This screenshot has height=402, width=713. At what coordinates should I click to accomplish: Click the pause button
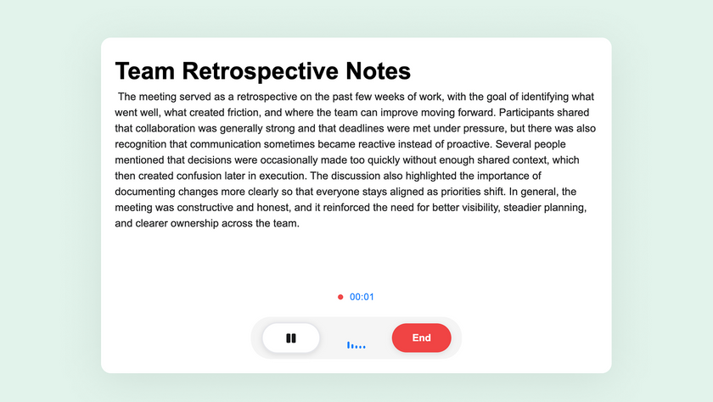[291, 338]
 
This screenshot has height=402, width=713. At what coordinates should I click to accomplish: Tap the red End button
[422, 338]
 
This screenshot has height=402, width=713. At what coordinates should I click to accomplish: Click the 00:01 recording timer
[362, 297]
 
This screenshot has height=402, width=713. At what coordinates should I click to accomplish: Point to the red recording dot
[340, 297]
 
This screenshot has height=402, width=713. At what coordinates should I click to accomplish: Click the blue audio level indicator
[356, 346]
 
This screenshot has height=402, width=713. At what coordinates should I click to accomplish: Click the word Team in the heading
[145, 71]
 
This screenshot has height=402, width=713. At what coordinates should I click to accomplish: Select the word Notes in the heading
[378, 71]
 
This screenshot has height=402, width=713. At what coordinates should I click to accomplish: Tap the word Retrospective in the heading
[260, 72]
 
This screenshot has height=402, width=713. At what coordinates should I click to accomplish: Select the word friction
[243, 113]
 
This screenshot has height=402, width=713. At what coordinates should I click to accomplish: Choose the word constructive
[205, 208]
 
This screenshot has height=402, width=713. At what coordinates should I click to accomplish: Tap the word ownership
[190, 224]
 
